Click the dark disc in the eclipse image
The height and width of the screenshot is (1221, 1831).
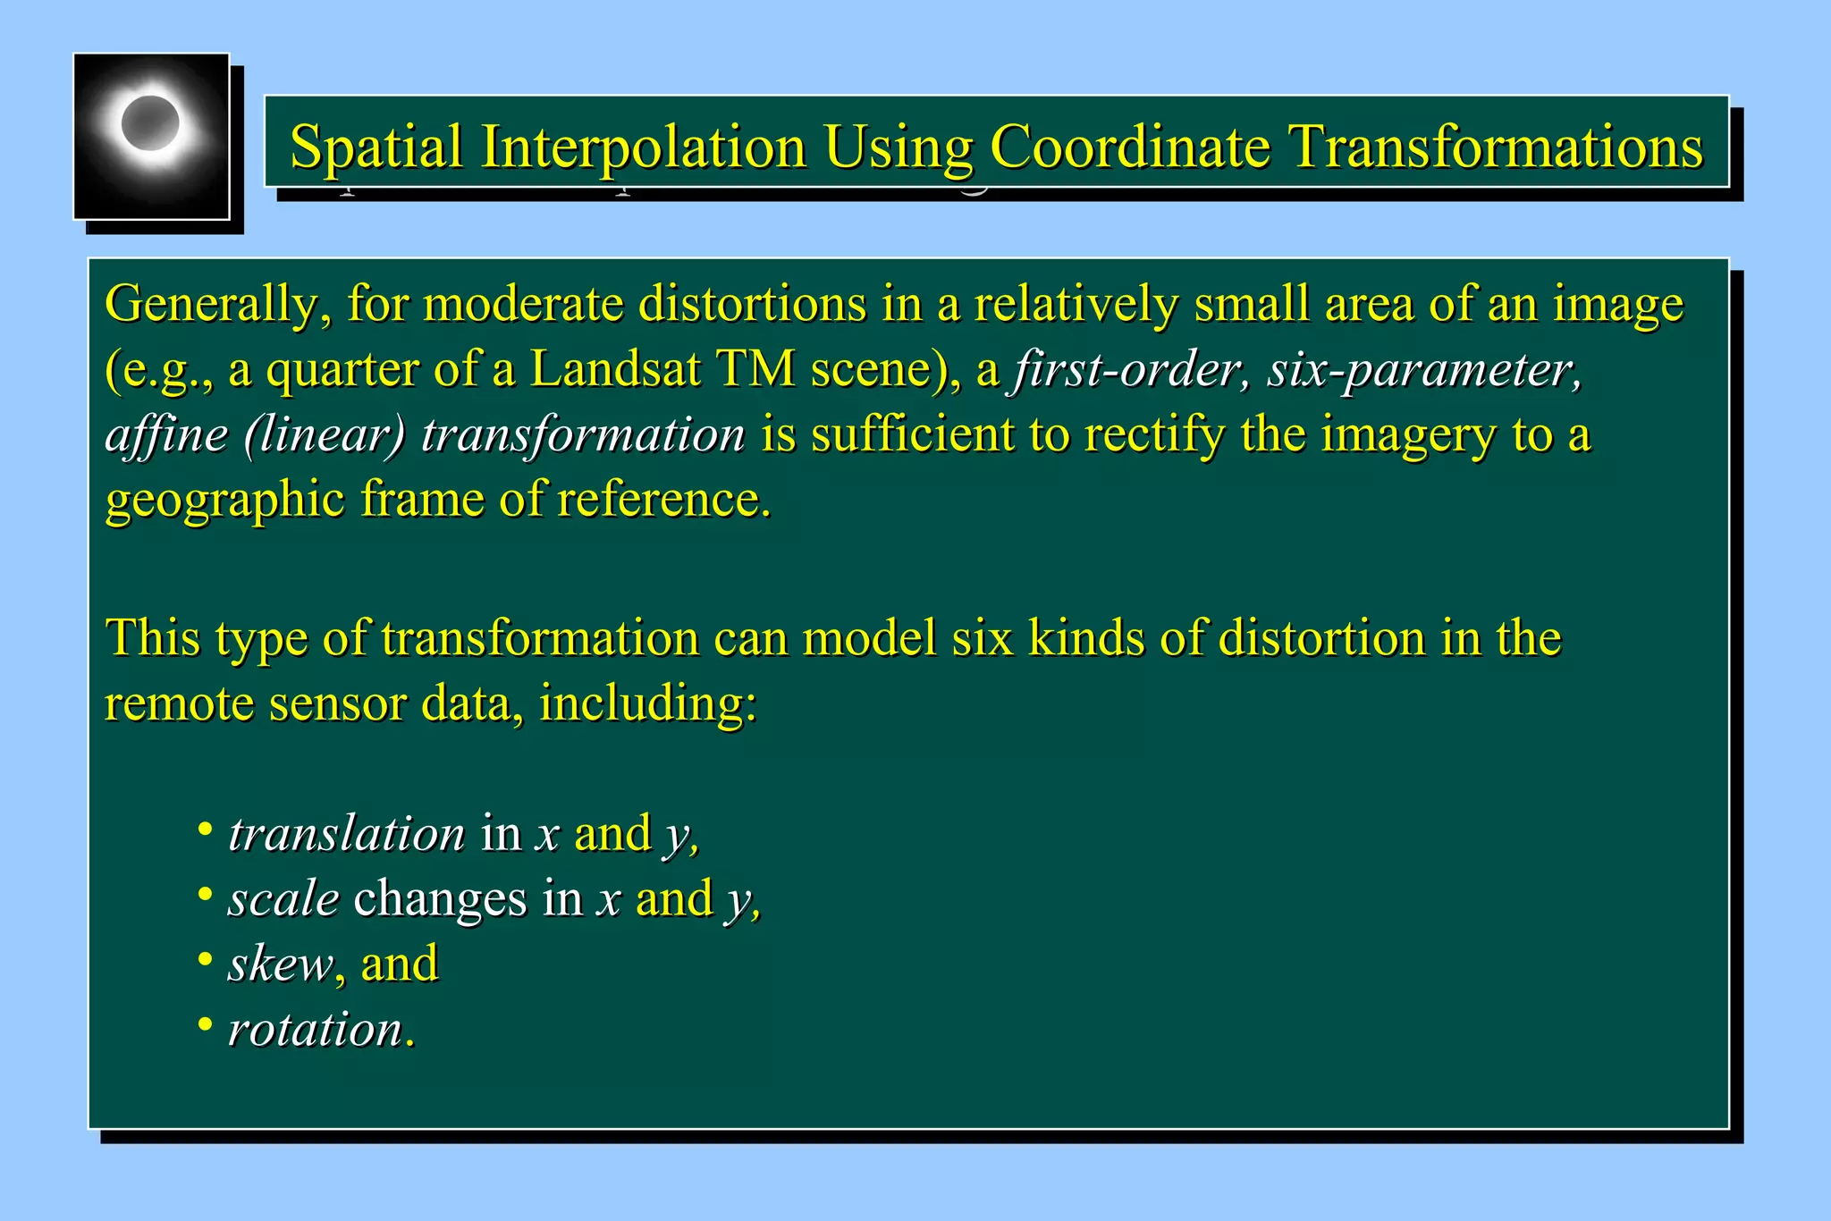coord(149,123)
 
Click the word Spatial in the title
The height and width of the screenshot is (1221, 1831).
coord(376,147)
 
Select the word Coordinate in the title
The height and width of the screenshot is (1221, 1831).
coord(1129,147)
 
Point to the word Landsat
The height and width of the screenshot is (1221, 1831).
coord(614,369)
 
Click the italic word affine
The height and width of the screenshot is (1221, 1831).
coord(166,435)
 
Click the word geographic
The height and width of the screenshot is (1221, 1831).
coord(224,500)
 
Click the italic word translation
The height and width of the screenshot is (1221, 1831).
coord(346,834)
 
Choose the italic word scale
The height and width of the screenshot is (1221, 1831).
coord(283,899)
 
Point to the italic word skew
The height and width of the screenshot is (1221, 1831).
coord(280,964)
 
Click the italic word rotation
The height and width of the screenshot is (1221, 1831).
coord(316,1030)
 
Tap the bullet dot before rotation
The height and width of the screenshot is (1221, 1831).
coord(205,1024)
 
